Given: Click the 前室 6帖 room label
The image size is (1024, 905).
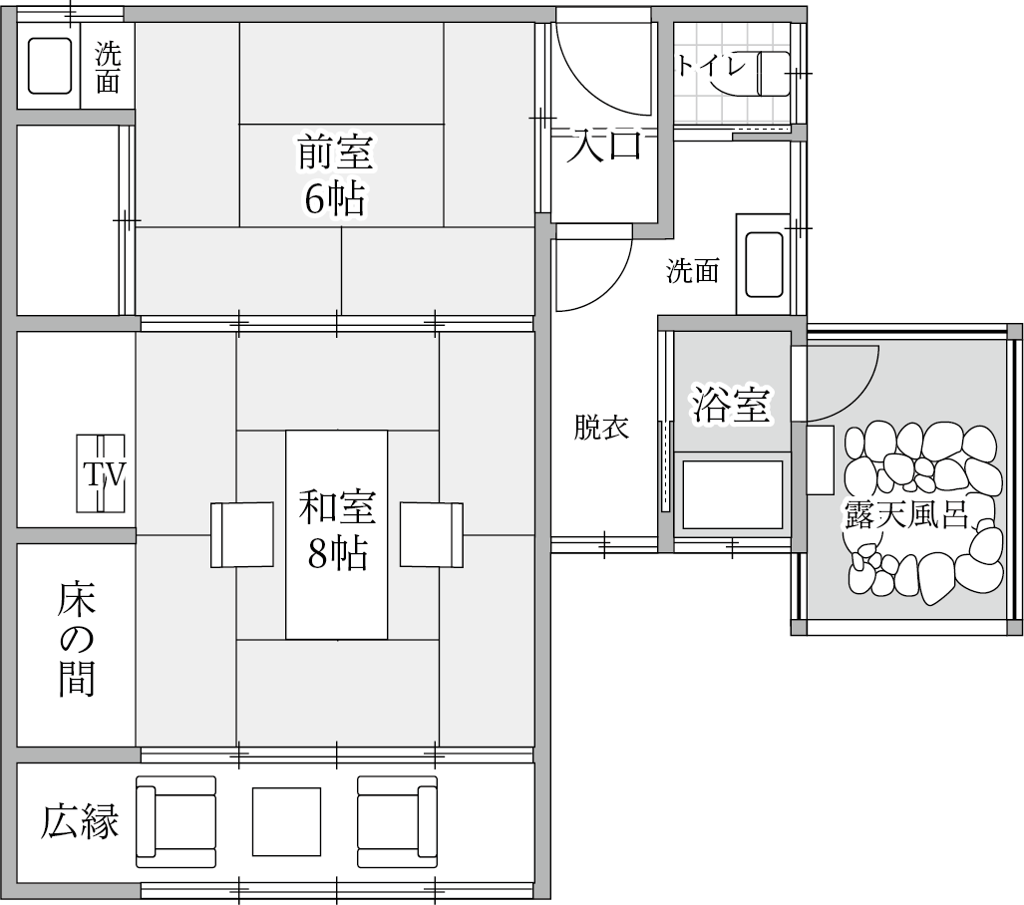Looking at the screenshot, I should (334, 175).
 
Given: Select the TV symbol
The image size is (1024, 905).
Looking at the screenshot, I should (101, 473).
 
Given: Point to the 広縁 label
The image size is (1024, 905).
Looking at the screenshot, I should (80, 823).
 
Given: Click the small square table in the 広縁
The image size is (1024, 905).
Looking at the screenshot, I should (286, 821).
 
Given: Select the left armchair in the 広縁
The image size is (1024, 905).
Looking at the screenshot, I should (176, 818).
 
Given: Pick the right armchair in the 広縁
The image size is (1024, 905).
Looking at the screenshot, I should (397, 818).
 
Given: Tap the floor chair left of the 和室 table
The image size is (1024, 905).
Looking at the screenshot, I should (241, 534).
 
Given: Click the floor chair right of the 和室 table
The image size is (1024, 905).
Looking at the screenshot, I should (432, 534).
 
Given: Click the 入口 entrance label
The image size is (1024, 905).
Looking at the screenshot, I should (604, 146).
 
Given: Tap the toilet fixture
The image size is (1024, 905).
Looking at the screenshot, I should (774, 74).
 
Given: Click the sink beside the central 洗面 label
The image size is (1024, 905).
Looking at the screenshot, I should (765, 265).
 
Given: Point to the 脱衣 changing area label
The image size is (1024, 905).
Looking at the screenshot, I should (600, 428).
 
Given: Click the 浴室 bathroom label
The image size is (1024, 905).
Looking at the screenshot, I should (731, 405).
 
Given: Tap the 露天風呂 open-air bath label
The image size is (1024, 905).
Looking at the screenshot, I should (905, 510).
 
